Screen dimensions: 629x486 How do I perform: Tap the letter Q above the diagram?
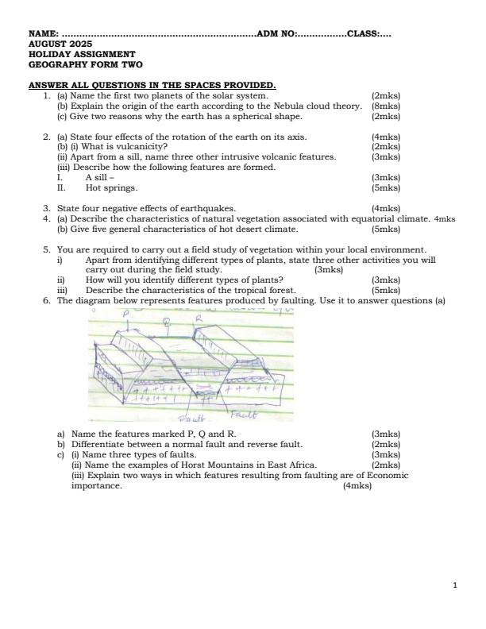coord(165,322)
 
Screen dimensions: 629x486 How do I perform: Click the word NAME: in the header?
coord(44,34)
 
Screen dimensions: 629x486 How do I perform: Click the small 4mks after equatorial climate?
coord(445,219)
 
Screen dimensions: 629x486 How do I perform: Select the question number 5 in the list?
coord(46,249)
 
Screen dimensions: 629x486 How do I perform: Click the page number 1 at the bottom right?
coord(454,585)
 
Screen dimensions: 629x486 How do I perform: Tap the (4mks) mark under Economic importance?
coord(357,486)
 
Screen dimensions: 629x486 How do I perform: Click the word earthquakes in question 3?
coord(209,209)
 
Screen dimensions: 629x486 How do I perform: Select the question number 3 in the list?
coord(46,209)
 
